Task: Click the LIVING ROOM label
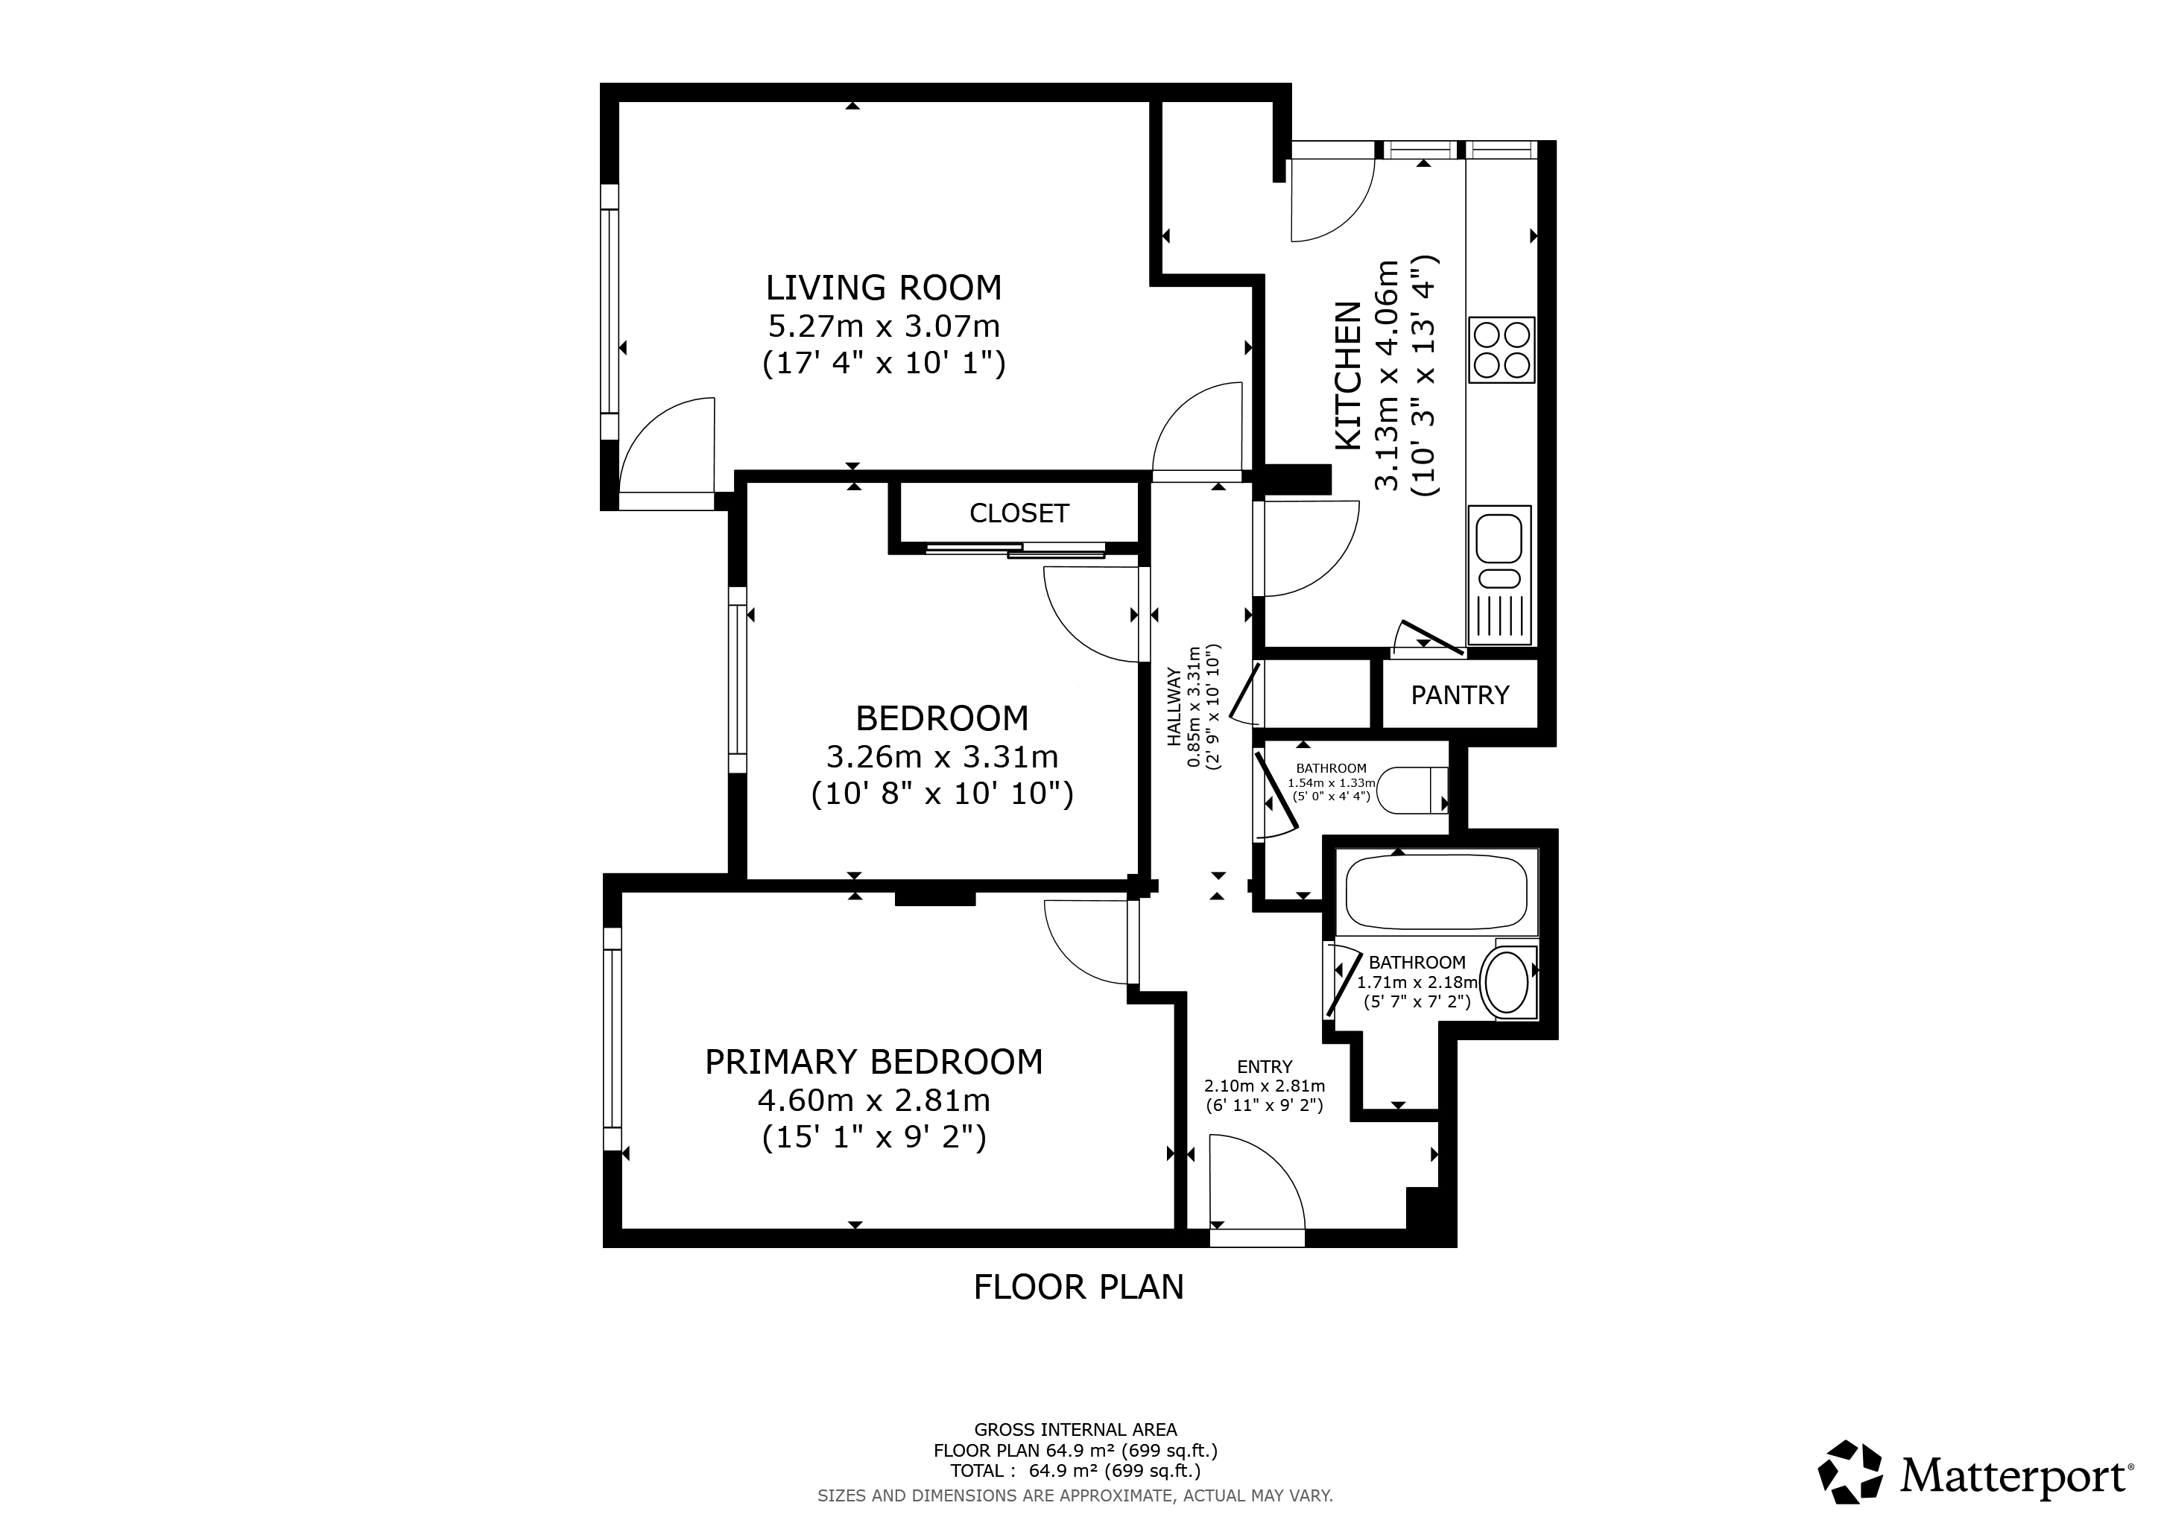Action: (x=884, y=287)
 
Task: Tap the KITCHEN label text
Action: (x=1348, y=376)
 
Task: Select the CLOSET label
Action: (x=1019, y=513)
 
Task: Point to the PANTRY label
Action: (x=1460, y=694)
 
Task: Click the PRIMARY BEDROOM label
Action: (x=874, y=1062)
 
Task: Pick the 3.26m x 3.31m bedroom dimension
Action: (x=942, y=756)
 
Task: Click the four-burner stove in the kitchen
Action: (x=1502, y=349)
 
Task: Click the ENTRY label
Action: (x=1265, y=1066)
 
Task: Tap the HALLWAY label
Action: (x=1174, y=706)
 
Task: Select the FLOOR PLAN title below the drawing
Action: (x=1079, y=1288)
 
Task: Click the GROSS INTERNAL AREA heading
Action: (x=1075, y=1430)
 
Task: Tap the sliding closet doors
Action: (x=1015, y=551)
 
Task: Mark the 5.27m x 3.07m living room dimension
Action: (x=884, y=327)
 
